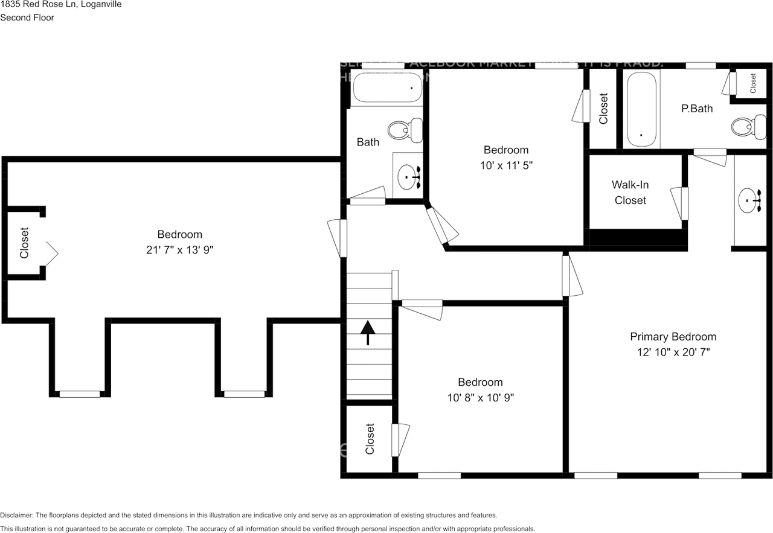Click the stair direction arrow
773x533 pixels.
[368, 332]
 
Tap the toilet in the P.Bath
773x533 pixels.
[742, 126]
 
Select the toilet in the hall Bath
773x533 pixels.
[404, 129]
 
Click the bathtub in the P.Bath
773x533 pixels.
[641, 109]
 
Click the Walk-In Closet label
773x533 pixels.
[630, 193]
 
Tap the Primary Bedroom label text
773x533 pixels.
[673, 337]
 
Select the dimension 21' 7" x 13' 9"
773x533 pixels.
[179, 249]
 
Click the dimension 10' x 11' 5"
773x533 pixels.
[506, 165]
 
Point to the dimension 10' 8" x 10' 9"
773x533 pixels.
[480, 397]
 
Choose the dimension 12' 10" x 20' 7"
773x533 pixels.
[673, 352]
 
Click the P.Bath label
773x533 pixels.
[697, 109]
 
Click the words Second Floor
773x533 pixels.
[27, 18]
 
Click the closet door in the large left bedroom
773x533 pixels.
[51, 254]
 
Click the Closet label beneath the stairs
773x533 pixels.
[370, 439]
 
